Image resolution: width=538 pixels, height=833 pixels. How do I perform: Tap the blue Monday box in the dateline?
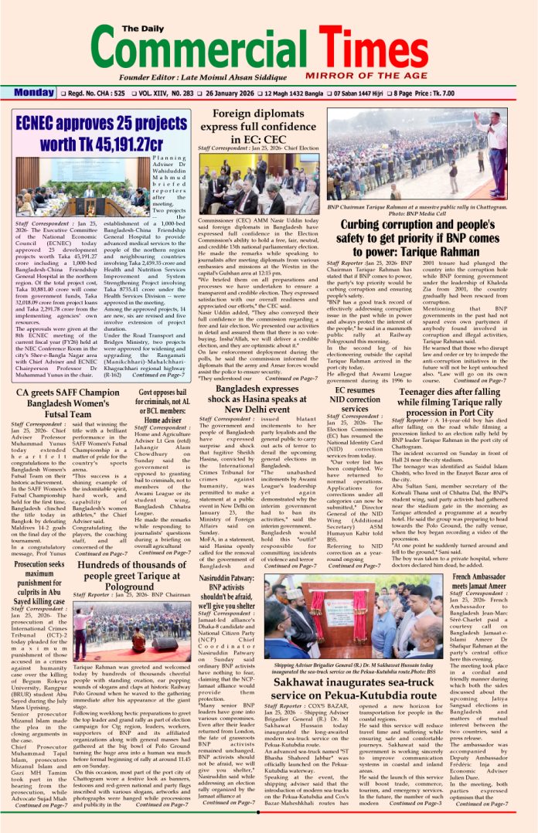pos(33,93)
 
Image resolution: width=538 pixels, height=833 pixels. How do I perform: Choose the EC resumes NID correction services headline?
pos(357,406)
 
